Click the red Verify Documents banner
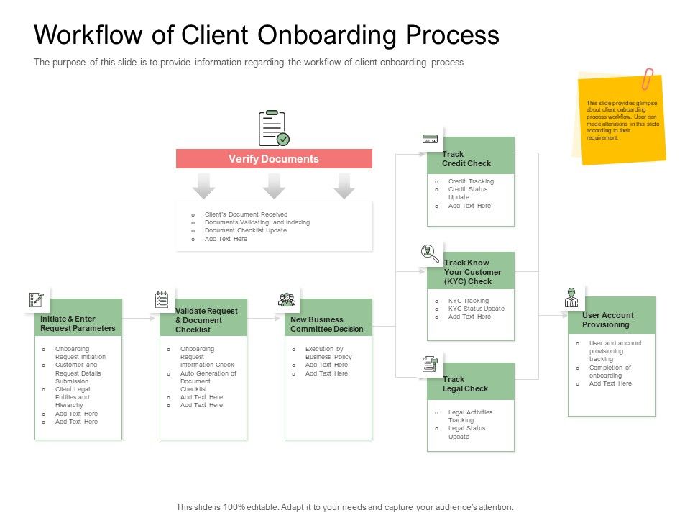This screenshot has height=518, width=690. click(274, 159)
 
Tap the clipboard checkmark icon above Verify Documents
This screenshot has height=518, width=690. click(273, 129)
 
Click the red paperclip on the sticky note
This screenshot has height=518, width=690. click(648, 78)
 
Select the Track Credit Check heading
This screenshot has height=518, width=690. click(466, 159)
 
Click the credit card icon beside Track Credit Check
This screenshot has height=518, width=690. click(431, 140)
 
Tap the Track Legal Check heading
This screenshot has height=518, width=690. click(466, 384)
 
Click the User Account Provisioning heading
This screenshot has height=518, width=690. click(608, 320)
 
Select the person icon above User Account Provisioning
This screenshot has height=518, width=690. click(571, 297)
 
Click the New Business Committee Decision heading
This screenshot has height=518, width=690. click(327, 324)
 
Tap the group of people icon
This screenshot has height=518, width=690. click(287, 300)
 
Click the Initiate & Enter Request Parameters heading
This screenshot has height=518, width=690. click(78, 324)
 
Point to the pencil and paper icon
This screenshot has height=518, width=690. click(36, 299)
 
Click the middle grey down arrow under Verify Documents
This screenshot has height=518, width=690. click(274, 186)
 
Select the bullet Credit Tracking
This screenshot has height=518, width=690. click(471, 181)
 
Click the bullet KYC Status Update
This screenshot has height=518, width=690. click(476, 309)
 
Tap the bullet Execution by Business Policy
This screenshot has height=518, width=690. click(328, 353)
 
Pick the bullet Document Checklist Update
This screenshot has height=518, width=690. click(245, 231)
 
